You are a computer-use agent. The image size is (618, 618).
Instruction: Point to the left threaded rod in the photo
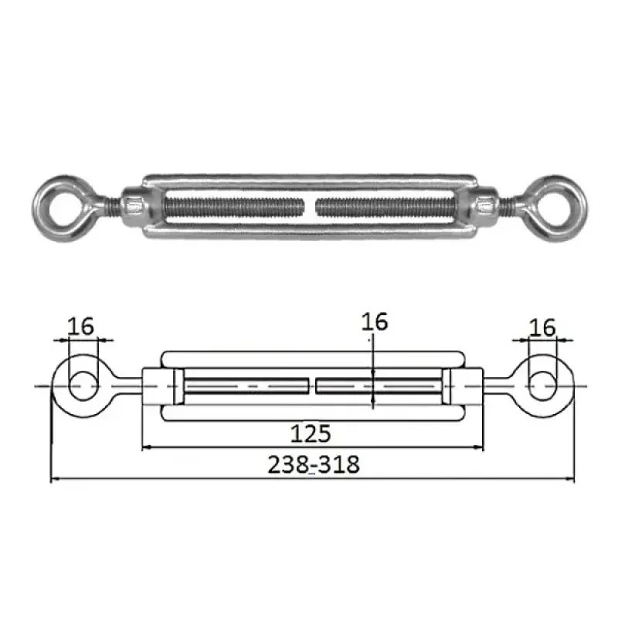pyautogui.click(x=234, y=206)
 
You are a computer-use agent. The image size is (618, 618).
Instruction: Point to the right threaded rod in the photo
pyautogui.click(x=386, y=206)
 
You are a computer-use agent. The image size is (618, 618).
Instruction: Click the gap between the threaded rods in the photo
pyautogui.click(x=310, y=206)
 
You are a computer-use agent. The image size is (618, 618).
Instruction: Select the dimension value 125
pyautogui.click(x=311, y=433)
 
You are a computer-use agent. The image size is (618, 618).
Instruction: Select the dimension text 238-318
pyautogui.click(x=314, y=464)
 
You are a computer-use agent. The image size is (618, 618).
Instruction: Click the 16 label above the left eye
pyautogui.click(x=81, y=326)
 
